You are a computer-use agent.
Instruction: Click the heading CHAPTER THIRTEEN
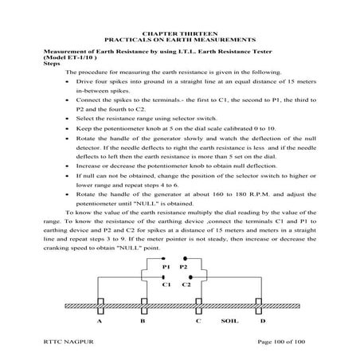[x=181, y=32]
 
